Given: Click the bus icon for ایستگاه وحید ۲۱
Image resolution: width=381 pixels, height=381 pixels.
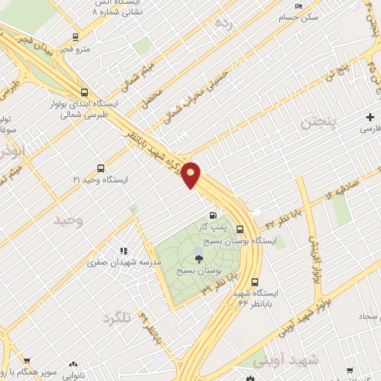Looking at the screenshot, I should (x=100, y=169).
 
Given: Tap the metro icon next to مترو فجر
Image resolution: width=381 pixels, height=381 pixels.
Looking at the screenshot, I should (x=75, y=36).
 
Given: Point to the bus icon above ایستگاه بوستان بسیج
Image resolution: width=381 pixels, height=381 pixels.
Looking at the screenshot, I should (x=240, y=229).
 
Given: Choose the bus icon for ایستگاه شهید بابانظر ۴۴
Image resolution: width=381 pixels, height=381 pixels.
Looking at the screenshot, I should (x=255, y=282).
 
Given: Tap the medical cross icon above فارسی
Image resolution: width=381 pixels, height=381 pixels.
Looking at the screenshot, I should (x=370, y=117).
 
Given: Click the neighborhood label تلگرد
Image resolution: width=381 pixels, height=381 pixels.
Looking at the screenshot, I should (x=116, y=318).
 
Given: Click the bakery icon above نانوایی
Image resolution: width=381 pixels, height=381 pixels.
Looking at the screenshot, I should (x=73, y=364).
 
